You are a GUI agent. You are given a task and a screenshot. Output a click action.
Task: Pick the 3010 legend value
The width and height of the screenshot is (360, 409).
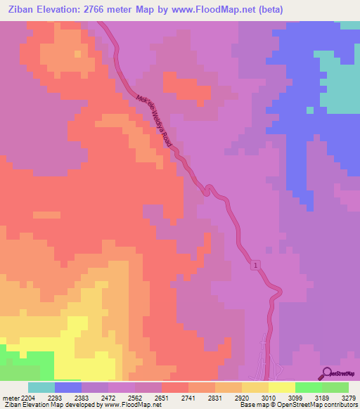click(266, 396)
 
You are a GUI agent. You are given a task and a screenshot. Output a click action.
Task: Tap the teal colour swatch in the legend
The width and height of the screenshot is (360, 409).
click(41, 387)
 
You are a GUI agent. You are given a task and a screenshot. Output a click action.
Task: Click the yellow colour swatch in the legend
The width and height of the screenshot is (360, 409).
click(282, 387)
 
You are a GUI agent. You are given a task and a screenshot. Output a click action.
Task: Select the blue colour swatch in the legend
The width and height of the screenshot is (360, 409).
click(68, 387)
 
